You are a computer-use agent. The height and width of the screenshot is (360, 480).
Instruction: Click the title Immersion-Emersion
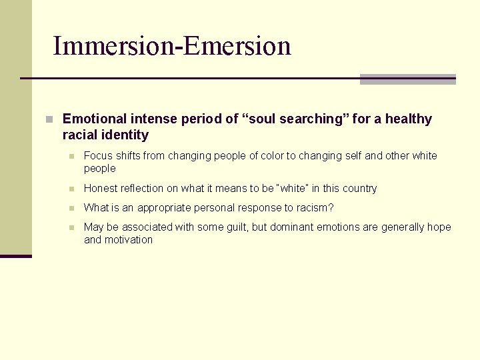coord(172,46)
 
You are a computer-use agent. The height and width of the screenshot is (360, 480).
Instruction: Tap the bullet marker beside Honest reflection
coord(71,189)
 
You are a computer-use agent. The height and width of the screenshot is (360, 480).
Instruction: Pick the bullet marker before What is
coord(71,209)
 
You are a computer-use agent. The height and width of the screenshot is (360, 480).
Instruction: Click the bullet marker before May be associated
coord(71,228)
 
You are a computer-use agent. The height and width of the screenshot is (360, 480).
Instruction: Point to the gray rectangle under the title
coord(407,79)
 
